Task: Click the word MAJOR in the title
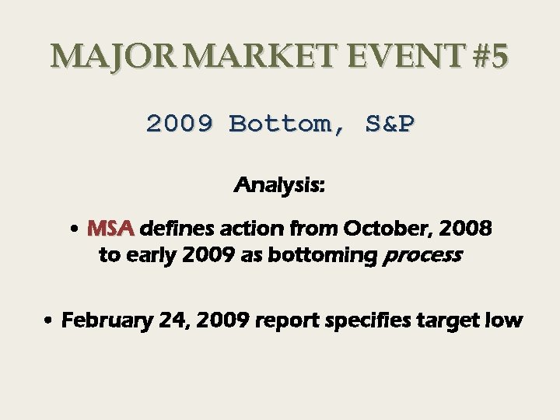click(x=116, y=57)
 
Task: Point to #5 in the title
click(x=488, y=57)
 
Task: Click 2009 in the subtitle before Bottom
click(x=179, y=124)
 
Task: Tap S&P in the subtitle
click(x=390, y=124)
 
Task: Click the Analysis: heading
click(x=279, y=186)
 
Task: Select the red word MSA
click(x=111, y=229)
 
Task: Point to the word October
click(x=381, y=229)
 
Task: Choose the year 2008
click(x=464, y=229)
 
